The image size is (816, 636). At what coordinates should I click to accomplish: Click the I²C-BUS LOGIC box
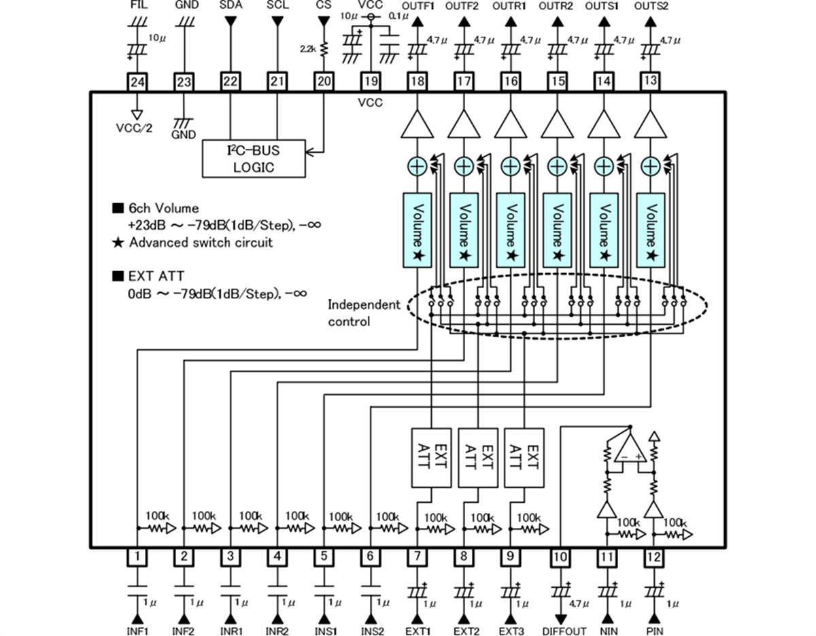tap(254, 158)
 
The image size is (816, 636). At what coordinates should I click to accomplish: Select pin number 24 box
tap(137, 82)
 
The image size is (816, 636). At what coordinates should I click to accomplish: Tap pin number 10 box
tap(560, 557)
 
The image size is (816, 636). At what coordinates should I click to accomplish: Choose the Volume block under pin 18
tap(418, 230)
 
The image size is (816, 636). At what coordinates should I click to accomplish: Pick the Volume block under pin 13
tap(650, 230)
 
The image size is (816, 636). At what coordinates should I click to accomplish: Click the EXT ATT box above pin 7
tap(432, 457)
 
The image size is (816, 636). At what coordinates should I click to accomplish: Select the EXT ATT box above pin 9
tap(524, 457)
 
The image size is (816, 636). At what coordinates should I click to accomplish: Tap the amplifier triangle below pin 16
tap(511, 126)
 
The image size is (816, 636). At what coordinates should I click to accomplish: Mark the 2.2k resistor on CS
tap(324, 49)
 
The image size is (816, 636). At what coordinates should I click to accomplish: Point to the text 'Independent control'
tap(364, 313)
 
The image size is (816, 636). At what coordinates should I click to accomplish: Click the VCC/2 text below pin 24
tap(137, 126)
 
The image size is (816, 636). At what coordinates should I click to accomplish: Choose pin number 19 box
tap(371, 82)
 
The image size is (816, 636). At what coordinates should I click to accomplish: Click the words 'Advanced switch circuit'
tap(201, 243)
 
